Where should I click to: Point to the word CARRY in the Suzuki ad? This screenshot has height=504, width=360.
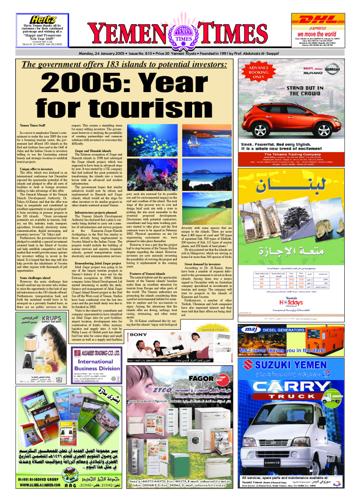coord(301,383)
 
